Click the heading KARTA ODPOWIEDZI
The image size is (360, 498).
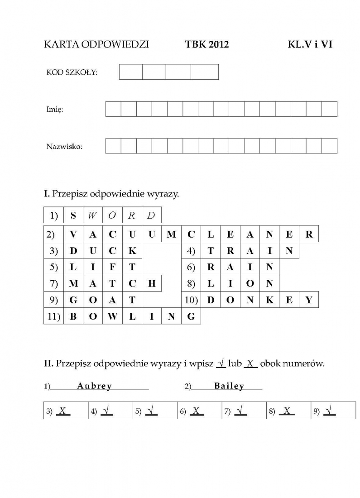tap(96, 44)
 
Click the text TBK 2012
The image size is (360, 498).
tap(207, 44)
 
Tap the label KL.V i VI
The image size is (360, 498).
tap(310, 44)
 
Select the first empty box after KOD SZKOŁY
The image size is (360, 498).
tap(131, 72)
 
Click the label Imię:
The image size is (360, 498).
tap(54, 110)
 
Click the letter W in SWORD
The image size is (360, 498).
tap(92, 215)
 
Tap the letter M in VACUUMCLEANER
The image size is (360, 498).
tap(171, 235)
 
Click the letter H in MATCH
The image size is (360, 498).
tap(152, 284)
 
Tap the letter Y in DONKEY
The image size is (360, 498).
tap(309, 300)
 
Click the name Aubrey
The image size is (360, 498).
tap(94, 386)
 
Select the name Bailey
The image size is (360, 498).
tap(229, 386)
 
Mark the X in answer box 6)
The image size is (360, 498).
tap(196, 411)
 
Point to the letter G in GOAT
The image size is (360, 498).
tap(73, 300)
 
